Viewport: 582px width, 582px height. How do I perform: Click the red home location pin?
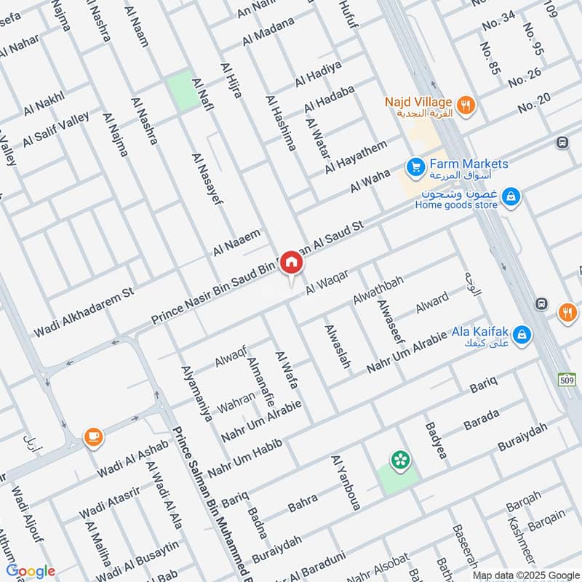coord(291,262)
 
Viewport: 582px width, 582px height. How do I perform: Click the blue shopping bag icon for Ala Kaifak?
coord(521,335)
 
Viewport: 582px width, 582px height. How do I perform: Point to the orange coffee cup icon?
coord(94,436)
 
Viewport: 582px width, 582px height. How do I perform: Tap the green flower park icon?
coord(399,459)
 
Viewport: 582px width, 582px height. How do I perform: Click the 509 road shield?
coord(570,380)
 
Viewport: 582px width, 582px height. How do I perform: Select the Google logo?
coord(31,571)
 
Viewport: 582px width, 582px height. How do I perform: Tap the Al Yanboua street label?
coord(345,483)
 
